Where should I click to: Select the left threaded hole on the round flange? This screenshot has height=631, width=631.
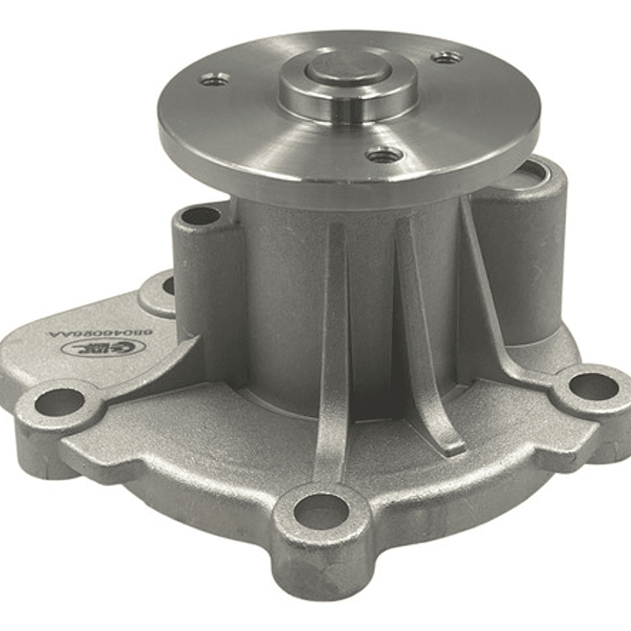(214, 80)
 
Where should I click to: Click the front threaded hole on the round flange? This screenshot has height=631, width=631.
(384, 156)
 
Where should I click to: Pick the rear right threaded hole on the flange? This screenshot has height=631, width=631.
(447, 57)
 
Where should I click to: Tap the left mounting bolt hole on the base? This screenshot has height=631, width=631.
(60, 402)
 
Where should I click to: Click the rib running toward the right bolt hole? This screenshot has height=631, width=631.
(491, 298)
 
